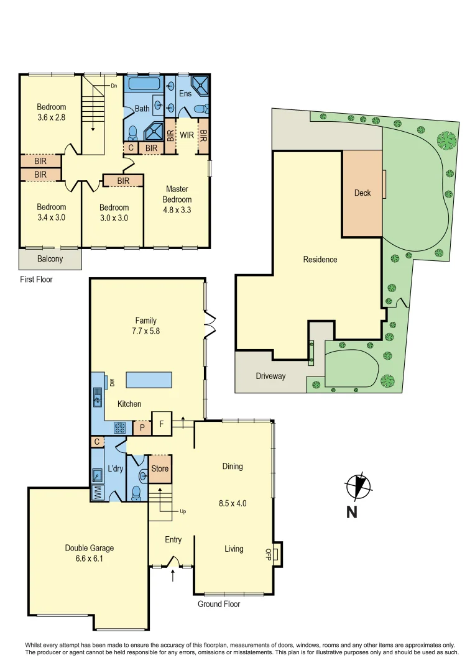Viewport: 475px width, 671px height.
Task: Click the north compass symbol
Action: pyautogui.click(x=357, y=487)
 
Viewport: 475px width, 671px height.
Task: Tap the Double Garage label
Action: pyautogui.click(x=90, y=553)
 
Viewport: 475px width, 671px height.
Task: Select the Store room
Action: pyautogui.click(x=160, y=469)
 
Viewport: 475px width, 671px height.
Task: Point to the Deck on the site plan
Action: pyautogui.click(x=362, y=193)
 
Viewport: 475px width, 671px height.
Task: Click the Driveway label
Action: pyautogui.click(x=270, y=377)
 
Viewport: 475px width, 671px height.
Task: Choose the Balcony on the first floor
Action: pyautogui.click(x=50, y=258)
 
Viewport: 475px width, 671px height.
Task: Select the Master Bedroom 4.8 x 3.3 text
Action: pyautogui.click(x=177, y=199)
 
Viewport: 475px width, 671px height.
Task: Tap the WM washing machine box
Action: pyautogui.click(x=98, y=493)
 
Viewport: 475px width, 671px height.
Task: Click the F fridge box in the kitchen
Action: pyautogui.click(x=162, y=425)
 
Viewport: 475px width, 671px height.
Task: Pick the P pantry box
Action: pyautogui.click(x=142, y=427)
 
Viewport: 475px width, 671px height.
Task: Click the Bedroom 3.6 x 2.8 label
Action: pyautogui.click(x=51, y=112)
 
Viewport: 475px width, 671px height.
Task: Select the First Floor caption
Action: pyautogui.click(x=36, y=280)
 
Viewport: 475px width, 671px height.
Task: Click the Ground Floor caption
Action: pyautogui.click(x=219, y=604)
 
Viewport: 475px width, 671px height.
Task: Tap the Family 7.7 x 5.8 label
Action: pyautogui.click(x=145, y=326)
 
